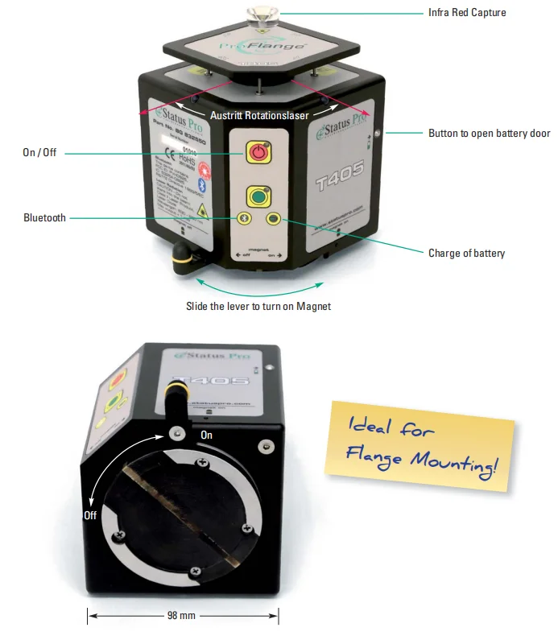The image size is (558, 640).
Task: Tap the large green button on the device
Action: coord(259,197)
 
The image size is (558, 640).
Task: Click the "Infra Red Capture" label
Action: coord(467,13)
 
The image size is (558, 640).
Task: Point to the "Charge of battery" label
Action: coord(466,253)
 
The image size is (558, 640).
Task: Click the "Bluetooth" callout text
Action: coord(44,217)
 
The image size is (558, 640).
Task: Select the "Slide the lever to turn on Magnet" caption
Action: coord(258,306)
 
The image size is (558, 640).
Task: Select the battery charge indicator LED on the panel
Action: coord(275,218)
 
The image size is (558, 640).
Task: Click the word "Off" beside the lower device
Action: coord(90,515)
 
